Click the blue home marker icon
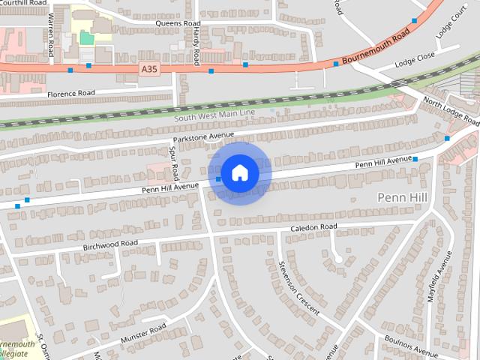tap(239, 172)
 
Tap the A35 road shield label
tap(151, 68)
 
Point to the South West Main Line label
tap(214, 115)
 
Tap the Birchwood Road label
tap(110, 244)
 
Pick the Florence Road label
tap(70, 94)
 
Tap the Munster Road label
tap(142, 334)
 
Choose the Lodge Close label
tap(415, 56)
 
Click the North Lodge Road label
tap(450, 110)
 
